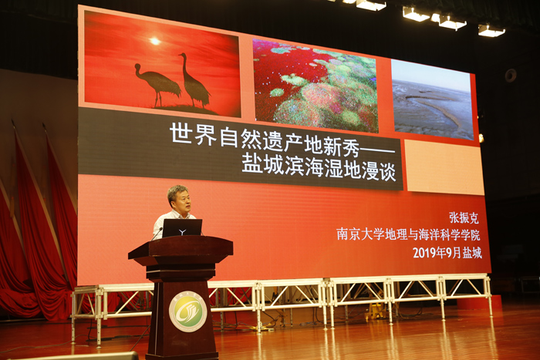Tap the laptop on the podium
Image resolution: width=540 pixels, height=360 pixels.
coord(182,228)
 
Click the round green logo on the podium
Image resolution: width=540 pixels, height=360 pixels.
coord(187,311)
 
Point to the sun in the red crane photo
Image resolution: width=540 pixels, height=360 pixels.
coord(155,41)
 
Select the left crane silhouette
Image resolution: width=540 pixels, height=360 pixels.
coord(157,83)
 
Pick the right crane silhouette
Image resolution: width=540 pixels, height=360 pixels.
coord(194,80)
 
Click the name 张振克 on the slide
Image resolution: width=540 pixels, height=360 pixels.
coord(464,217)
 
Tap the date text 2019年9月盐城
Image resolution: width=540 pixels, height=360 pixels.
coord(447,253)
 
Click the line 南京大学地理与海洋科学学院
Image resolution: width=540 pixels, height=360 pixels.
coord(408,234)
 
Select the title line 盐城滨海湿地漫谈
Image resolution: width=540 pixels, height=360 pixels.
coord(319,167)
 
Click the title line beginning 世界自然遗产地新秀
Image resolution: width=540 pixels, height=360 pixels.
coord(282,139)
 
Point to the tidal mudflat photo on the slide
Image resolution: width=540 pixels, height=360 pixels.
coord(433,100)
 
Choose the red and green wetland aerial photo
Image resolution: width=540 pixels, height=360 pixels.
coord(315,86)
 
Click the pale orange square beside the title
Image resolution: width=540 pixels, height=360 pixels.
coord(444,167)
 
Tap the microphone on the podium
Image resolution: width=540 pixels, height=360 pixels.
coord(157,234)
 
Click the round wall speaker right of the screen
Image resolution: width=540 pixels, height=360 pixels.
coord(511,76)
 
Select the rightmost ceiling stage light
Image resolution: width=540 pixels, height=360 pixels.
coord(491,31)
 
